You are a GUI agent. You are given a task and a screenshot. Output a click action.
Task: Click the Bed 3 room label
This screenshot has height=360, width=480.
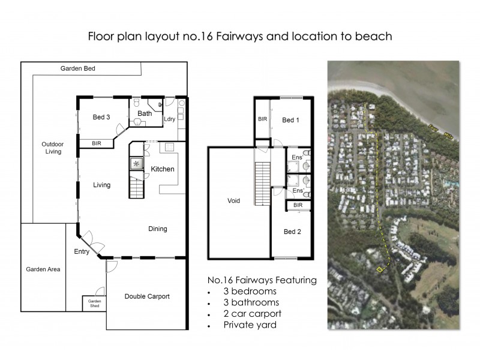click(x=101, y=117)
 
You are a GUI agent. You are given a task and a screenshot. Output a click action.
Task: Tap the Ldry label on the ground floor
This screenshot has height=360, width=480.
click(x=170, y=119)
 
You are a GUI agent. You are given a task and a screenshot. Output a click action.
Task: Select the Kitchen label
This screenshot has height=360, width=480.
click(x=162, y=169)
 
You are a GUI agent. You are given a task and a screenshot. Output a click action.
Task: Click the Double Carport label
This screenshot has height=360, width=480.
click(x=146, y=296)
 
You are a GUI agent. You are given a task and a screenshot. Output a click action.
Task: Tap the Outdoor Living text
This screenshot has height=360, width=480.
click(x=52, y=148)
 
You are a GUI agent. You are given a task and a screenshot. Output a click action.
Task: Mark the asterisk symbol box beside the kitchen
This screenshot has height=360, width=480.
click(x=136, y=163)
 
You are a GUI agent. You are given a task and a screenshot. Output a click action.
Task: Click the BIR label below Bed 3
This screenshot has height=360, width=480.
click(x=97, y=144)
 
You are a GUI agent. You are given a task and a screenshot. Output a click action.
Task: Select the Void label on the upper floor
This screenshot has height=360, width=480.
click(x=234, y=201)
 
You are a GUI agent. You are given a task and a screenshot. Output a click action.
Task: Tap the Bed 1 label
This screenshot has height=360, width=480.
click(x=290, y=121)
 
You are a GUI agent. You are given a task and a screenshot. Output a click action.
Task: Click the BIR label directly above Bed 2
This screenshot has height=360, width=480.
click(x=298, y=205)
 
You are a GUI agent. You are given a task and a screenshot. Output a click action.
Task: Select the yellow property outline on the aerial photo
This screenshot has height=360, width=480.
click(x=379, y=269)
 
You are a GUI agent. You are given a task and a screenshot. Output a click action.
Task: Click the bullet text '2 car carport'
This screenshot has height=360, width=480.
click(x=252, y=313)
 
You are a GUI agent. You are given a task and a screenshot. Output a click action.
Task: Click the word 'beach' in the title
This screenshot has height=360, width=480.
click(x=374, y=36)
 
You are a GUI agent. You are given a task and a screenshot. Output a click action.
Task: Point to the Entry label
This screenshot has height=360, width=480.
click(x=82, y=252)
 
